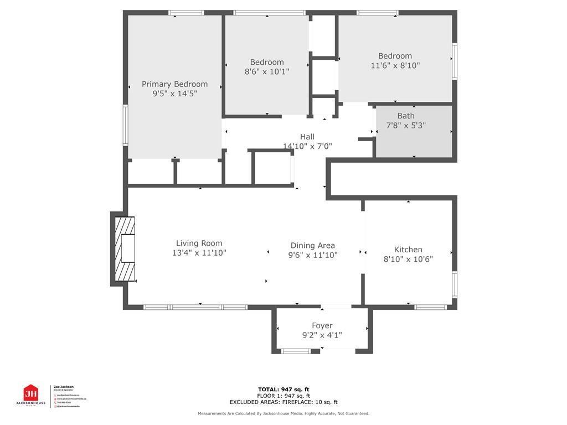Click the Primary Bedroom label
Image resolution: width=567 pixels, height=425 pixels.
[x=174, y=84]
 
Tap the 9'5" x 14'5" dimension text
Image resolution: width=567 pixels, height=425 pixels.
[x=174, y=94]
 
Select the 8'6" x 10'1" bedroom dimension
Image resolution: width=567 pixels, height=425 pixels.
[x=267, y=72]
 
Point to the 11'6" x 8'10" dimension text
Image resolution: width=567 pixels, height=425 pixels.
[x=395, y=65]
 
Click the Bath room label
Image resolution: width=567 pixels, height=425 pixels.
[x=405, y=116]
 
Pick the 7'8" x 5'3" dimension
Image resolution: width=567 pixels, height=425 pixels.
[x=405, y=126]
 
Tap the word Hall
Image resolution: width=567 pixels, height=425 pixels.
[x=307, y=137]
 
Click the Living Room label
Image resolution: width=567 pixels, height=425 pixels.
[x=199, y=243]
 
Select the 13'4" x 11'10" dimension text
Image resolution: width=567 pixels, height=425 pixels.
[x=199, y=253]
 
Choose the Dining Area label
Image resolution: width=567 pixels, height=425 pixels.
[x=313, y=245]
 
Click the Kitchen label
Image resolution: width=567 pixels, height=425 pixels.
[x=408, y=250]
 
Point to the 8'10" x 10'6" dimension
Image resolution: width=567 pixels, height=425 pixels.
[x=408, y=259]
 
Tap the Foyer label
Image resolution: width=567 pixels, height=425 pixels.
[x=322, y=326]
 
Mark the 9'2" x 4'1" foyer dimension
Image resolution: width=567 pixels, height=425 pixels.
[x=322, y=335]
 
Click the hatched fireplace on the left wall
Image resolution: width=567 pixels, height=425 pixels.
[x=124, y=249]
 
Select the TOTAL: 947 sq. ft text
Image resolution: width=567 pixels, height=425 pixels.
[x=283, y=389]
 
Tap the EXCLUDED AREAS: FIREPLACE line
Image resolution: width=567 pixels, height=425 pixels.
[x=283, y=402]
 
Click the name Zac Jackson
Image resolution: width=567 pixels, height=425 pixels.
[x=63, y=387]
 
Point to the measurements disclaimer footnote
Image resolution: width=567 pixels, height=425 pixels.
[x=283, y=413]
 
